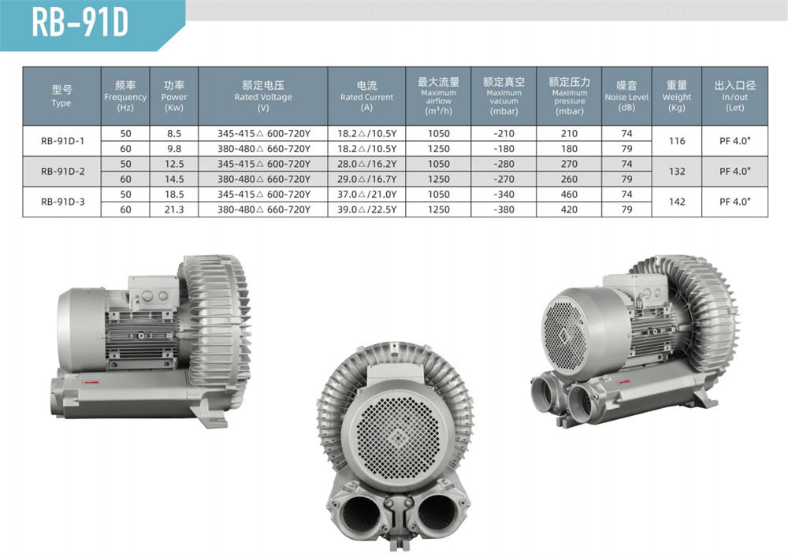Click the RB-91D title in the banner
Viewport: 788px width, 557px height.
[x=80, y=23]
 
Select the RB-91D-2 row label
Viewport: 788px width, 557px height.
[x=62, y=171]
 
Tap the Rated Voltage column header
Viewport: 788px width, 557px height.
[x=263, y=96]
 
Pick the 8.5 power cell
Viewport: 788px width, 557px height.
[x=174, y=134]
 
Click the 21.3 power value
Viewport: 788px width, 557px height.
[x=174, y=210]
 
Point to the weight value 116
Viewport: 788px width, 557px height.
[x=676, y=141]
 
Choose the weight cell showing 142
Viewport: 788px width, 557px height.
[x=676, y=202]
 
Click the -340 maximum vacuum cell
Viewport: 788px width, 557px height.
[x=504, y=195]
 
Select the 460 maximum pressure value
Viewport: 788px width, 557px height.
[x=569, y=195]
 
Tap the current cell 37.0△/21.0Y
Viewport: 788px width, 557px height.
[x=367, y=195]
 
